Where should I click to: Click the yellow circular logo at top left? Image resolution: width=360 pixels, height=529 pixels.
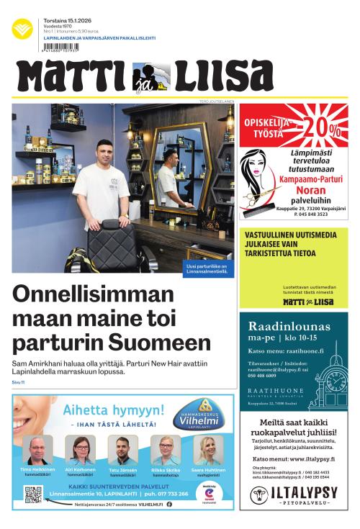coord(22,28)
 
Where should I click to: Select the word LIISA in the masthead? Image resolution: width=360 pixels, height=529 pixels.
coord(217,77)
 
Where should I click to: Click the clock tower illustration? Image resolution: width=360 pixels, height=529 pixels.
coord(332,375)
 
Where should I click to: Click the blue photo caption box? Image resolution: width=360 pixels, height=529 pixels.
coord(207,268)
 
